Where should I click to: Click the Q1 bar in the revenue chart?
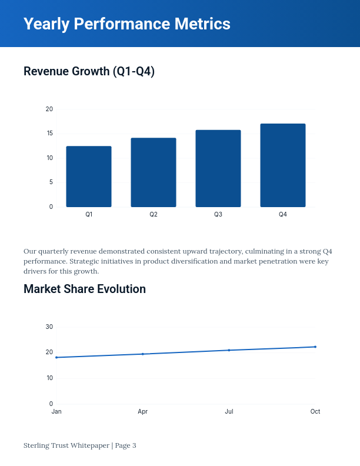click(89, 177)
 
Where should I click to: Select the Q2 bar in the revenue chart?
click(154, 172)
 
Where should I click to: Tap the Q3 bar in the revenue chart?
click(218, 168)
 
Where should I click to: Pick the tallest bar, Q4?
click(283, 165)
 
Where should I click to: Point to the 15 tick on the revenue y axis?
click(49, 134)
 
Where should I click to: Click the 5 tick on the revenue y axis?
click(51, 182)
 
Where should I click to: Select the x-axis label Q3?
click(218, 215)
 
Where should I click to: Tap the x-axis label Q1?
click(89, 215)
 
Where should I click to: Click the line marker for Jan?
click(56, 357)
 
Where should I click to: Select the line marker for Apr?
click(143, 354)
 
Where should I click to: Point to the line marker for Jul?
click(229, 350)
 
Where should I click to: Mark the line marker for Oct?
click(315, 347)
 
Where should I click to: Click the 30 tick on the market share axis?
click(49, 327)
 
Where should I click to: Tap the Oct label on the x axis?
click(315, 412)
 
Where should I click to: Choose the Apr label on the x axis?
click(143, 412)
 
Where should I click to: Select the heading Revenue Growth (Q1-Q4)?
click(89, 72)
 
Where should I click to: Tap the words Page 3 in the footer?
click(125, 445)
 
